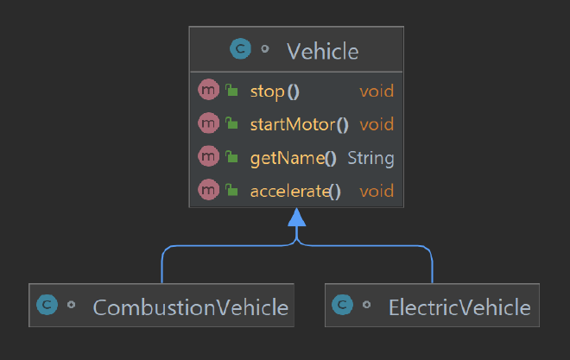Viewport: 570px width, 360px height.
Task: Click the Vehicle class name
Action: (323, 51)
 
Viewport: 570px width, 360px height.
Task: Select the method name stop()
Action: (275, 92)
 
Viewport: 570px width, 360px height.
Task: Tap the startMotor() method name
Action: (299, 124)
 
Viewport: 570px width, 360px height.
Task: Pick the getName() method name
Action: (294, 158)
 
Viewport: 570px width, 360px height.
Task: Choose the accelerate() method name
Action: (295, 192)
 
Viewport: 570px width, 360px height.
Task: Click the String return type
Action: (370, 158)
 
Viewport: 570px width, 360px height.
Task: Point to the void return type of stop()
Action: (377, 92)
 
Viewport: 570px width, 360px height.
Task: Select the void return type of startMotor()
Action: (377, 124)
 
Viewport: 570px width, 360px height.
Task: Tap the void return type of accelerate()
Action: (377, 192)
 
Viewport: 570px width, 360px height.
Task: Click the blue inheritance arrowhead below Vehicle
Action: (296, 218)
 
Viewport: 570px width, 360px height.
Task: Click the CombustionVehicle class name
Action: (191, 307)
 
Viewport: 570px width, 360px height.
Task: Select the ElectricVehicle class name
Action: (459, 307)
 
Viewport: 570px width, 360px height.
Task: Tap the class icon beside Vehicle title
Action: (240, 48)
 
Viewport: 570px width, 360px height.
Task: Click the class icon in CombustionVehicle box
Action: (47, 305)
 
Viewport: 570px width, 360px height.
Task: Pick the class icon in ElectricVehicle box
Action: (343, 305)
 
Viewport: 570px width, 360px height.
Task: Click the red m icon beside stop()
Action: (209, 90)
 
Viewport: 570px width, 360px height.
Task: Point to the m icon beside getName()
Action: (209, 156)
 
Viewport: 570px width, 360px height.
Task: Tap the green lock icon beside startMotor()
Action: (231, 123)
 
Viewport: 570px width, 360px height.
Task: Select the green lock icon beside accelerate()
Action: (231, 190)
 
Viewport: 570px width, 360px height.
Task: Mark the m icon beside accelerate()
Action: (209, 190)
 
